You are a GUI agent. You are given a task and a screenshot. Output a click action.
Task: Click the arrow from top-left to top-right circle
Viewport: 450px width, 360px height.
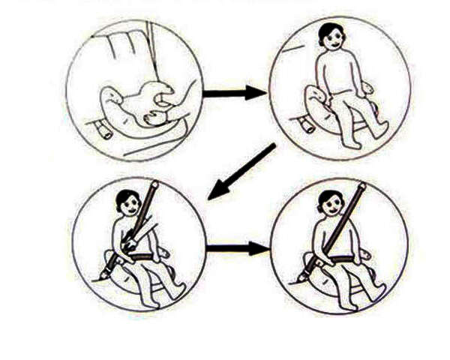233,94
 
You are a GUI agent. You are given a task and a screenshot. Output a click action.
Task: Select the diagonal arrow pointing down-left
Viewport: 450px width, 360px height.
241,172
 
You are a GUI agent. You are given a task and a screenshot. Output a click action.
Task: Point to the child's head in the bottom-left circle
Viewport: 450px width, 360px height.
129,202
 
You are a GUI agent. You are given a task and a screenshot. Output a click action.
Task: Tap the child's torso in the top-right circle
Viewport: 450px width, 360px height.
334,75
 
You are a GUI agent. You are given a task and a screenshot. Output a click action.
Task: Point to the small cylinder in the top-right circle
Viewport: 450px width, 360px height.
305,124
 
